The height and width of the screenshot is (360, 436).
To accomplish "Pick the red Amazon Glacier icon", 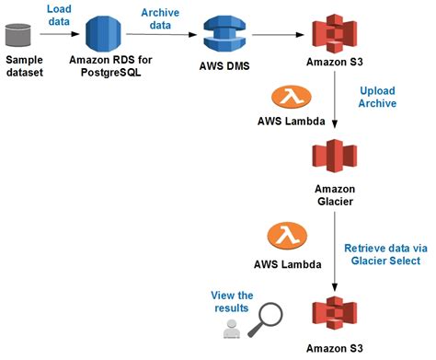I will pos(332,159).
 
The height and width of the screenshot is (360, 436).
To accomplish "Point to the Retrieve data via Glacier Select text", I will pos(382,254).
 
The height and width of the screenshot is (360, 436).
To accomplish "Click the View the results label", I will pos(232,301).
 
